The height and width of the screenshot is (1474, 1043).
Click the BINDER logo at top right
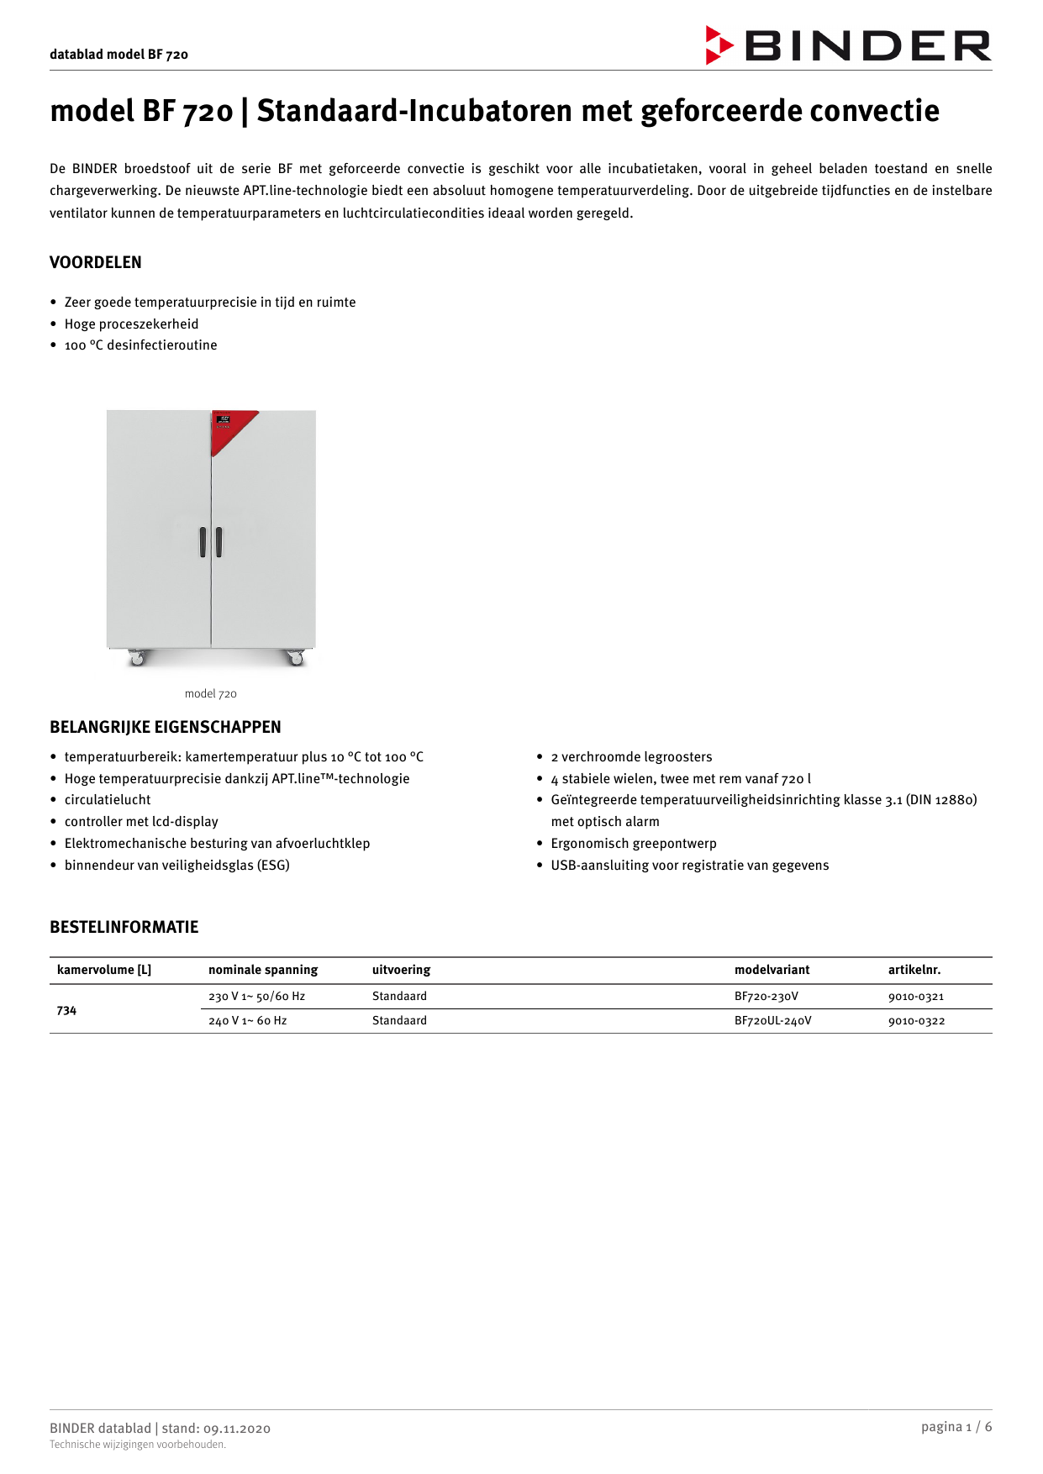[x=849, y=45]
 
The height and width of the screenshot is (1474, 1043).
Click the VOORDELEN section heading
[x=96, y=262]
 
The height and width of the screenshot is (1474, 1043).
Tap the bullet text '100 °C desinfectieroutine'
[x=140, y=345]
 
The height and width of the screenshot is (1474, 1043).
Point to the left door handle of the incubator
[x=203, y=542]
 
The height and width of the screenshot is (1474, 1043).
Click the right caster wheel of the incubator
[x=296, y=659]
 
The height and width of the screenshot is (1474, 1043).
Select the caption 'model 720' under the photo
[x=210, y=693]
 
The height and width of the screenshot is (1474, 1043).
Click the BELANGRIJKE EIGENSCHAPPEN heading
[x=166, y=727]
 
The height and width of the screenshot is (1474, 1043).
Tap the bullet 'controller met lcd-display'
[x=141, y=822]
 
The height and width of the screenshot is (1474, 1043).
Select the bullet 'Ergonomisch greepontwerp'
[x=634, y=844]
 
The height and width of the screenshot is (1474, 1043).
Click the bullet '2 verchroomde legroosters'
[x=631, y=757]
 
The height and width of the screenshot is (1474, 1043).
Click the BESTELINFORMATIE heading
[x=124, y=927]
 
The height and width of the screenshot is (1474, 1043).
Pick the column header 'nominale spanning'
[x=263, y=970]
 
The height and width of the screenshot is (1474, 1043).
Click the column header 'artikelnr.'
[x=914, y=970]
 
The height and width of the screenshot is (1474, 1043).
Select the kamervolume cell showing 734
[x=66, y=1010]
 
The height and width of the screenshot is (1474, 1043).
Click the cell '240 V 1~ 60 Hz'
[x=248, y=1021]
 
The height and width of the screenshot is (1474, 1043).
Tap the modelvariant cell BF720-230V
[x=766, y=997]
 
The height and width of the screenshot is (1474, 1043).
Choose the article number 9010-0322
[x=916, y=1021]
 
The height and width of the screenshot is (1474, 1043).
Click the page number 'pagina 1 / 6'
[x=956, y=1427]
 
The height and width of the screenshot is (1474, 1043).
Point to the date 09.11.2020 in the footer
[x=237, y=1429]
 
